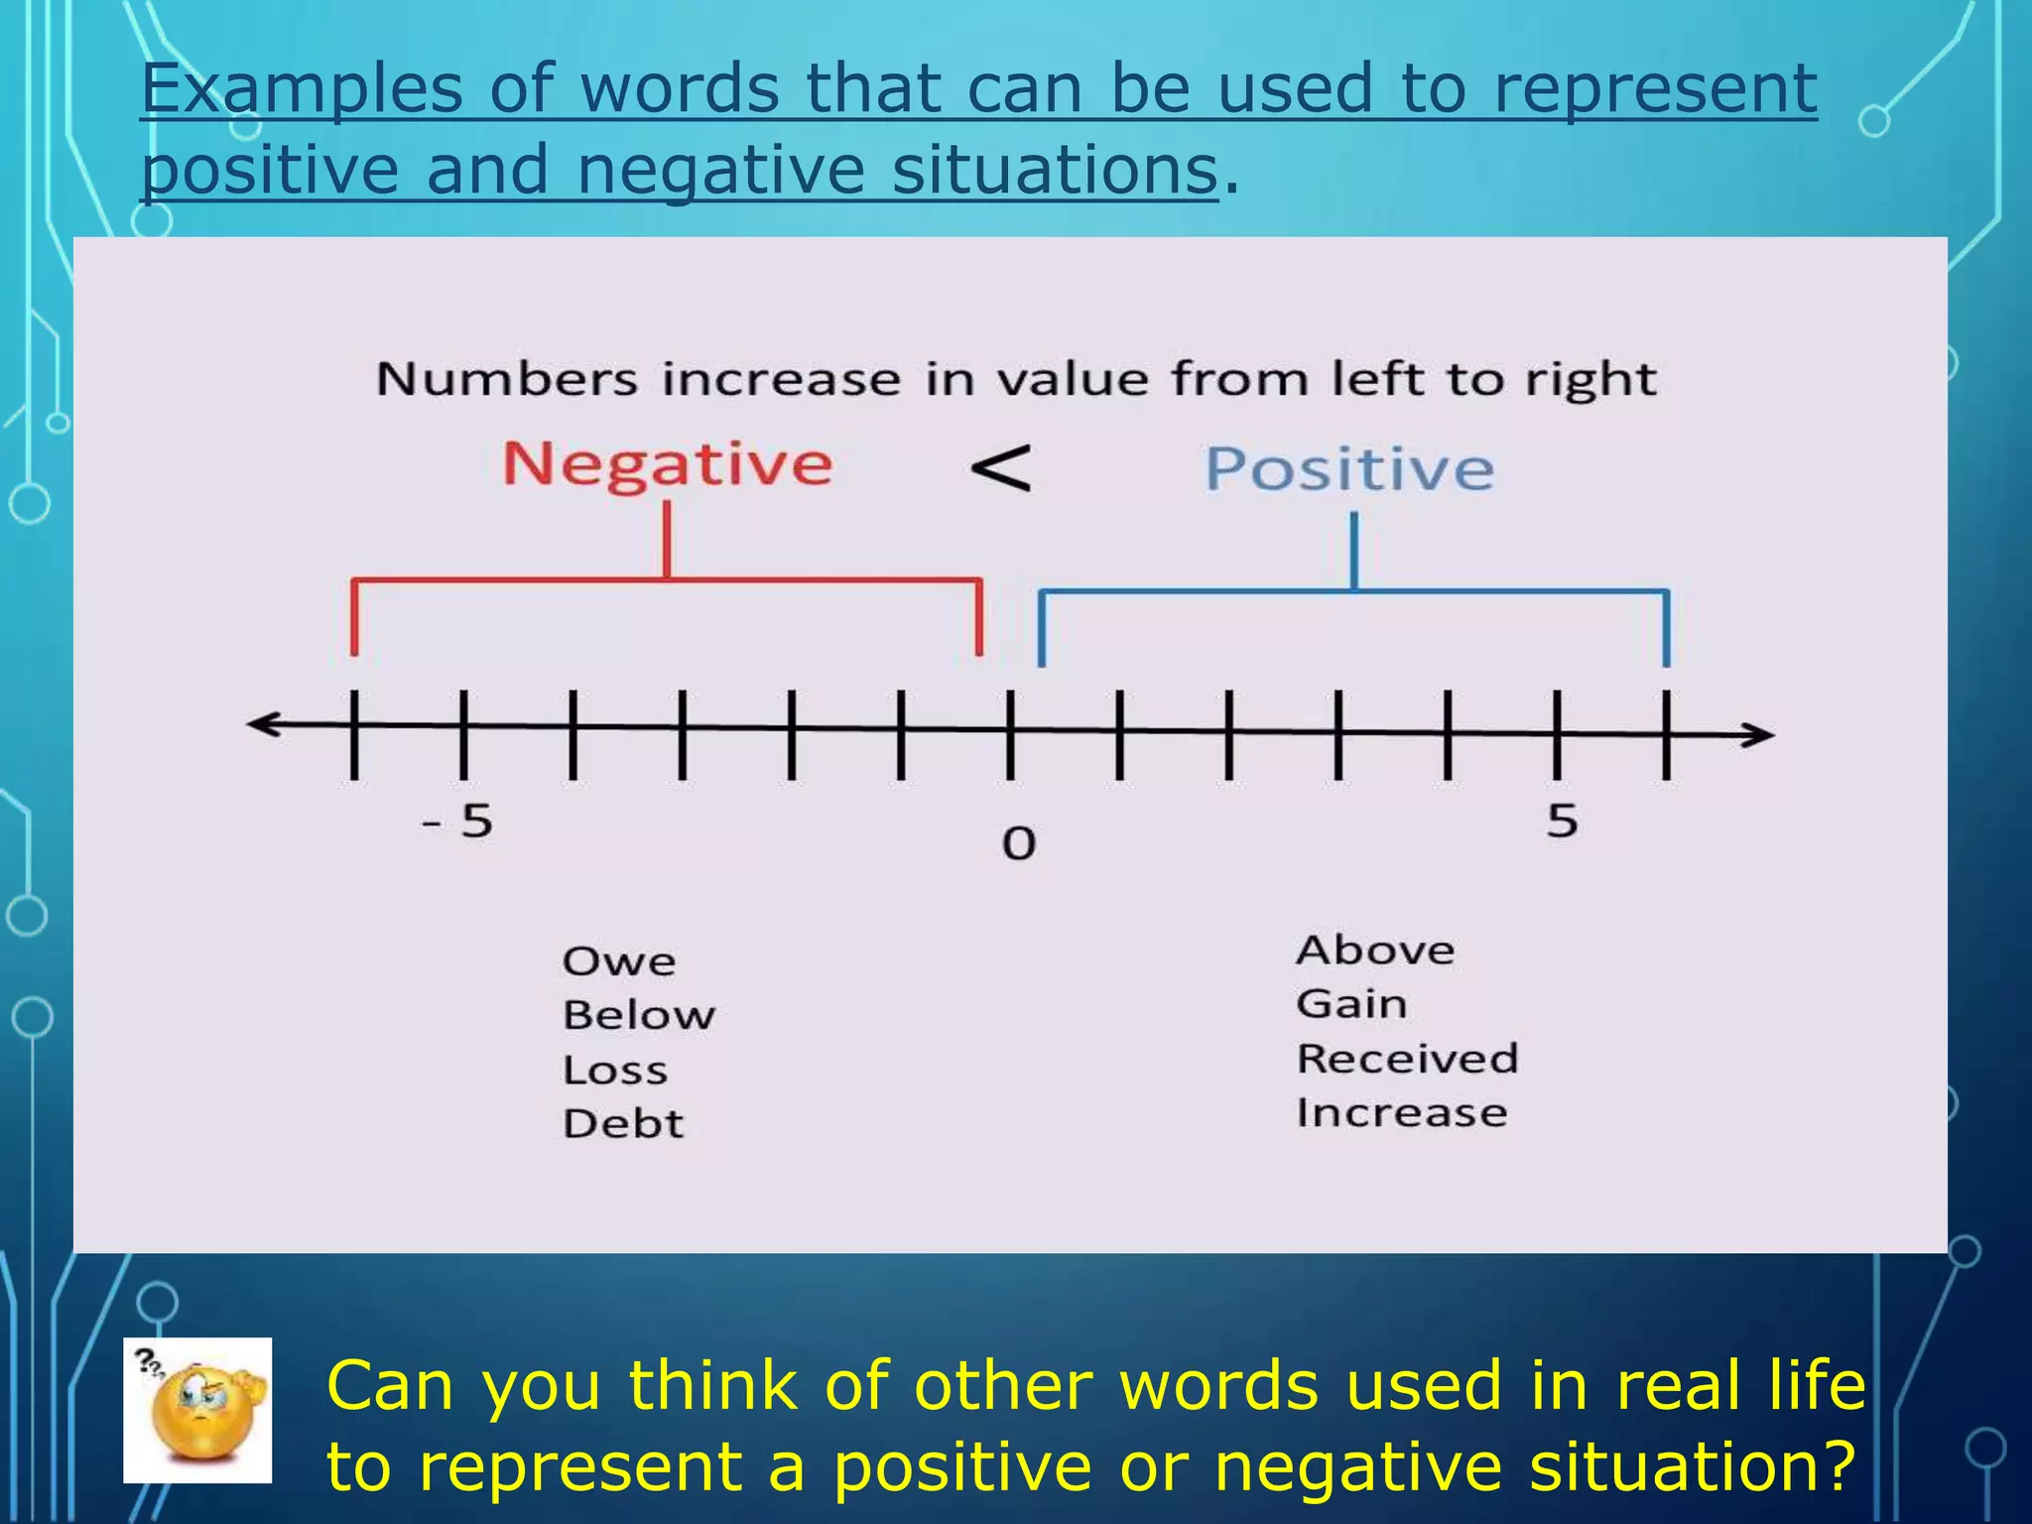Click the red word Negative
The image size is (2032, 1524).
667,464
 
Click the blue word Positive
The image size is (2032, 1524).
1348,468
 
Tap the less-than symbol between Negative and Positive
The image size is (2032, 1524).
1000,468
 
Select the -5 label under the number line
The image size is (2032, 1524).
458,822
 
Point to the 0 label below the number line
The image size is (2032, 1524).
1018,843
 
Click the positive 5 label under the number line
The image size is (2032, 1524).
1562,822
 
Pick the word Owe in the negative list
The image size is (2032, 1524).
619,961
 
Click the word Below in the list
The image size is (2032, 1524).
639,1015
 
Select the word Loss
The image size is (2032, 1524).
615,1070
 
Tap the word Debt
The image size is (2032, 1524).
623,1124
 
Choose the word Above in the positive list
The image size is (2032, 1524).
1375,951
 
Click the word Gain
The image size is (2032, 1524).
1351,1004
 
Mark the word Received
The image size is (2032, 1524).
1407,1059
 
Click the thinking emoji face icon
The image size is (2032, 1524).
197,1410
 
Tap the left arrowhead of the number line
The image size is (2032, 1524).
260,724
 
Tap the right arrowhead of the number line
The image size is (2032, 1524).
1760,735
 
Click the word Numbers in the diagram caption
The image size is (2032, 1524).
506,380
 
